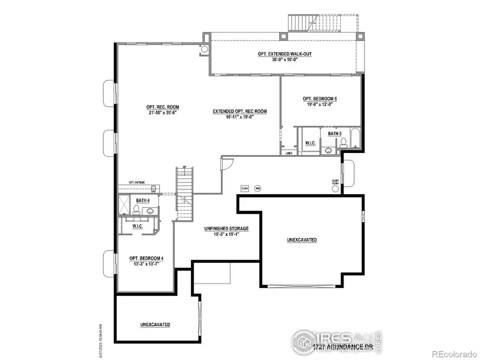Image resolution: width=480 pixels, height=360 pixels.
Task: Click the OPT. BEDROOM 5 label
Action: click(319, 99)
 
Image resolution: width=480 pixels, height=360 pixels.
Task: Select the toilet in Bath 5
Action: click(344, 142)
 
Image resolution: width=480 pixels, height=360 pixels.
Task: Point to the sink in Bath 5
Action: click(329, 151)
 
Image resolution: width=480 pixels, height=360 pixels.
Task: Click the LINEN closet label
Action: click(289, 153)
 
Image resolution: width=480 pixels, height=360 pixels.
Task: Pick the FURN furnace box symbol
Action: click(245, 188)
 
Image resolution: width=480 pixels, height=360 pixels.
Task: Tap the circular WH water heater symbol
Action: click(258, 188)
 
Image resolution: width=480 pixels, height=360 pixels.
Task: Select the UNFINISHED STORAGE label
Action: click(226, 228)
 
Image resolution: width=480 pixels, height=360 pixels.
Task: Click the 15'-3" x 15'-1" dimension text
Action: click(226, 234)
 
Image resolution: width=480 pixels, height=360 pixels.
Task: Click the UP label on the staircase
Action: click(184, 167)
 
